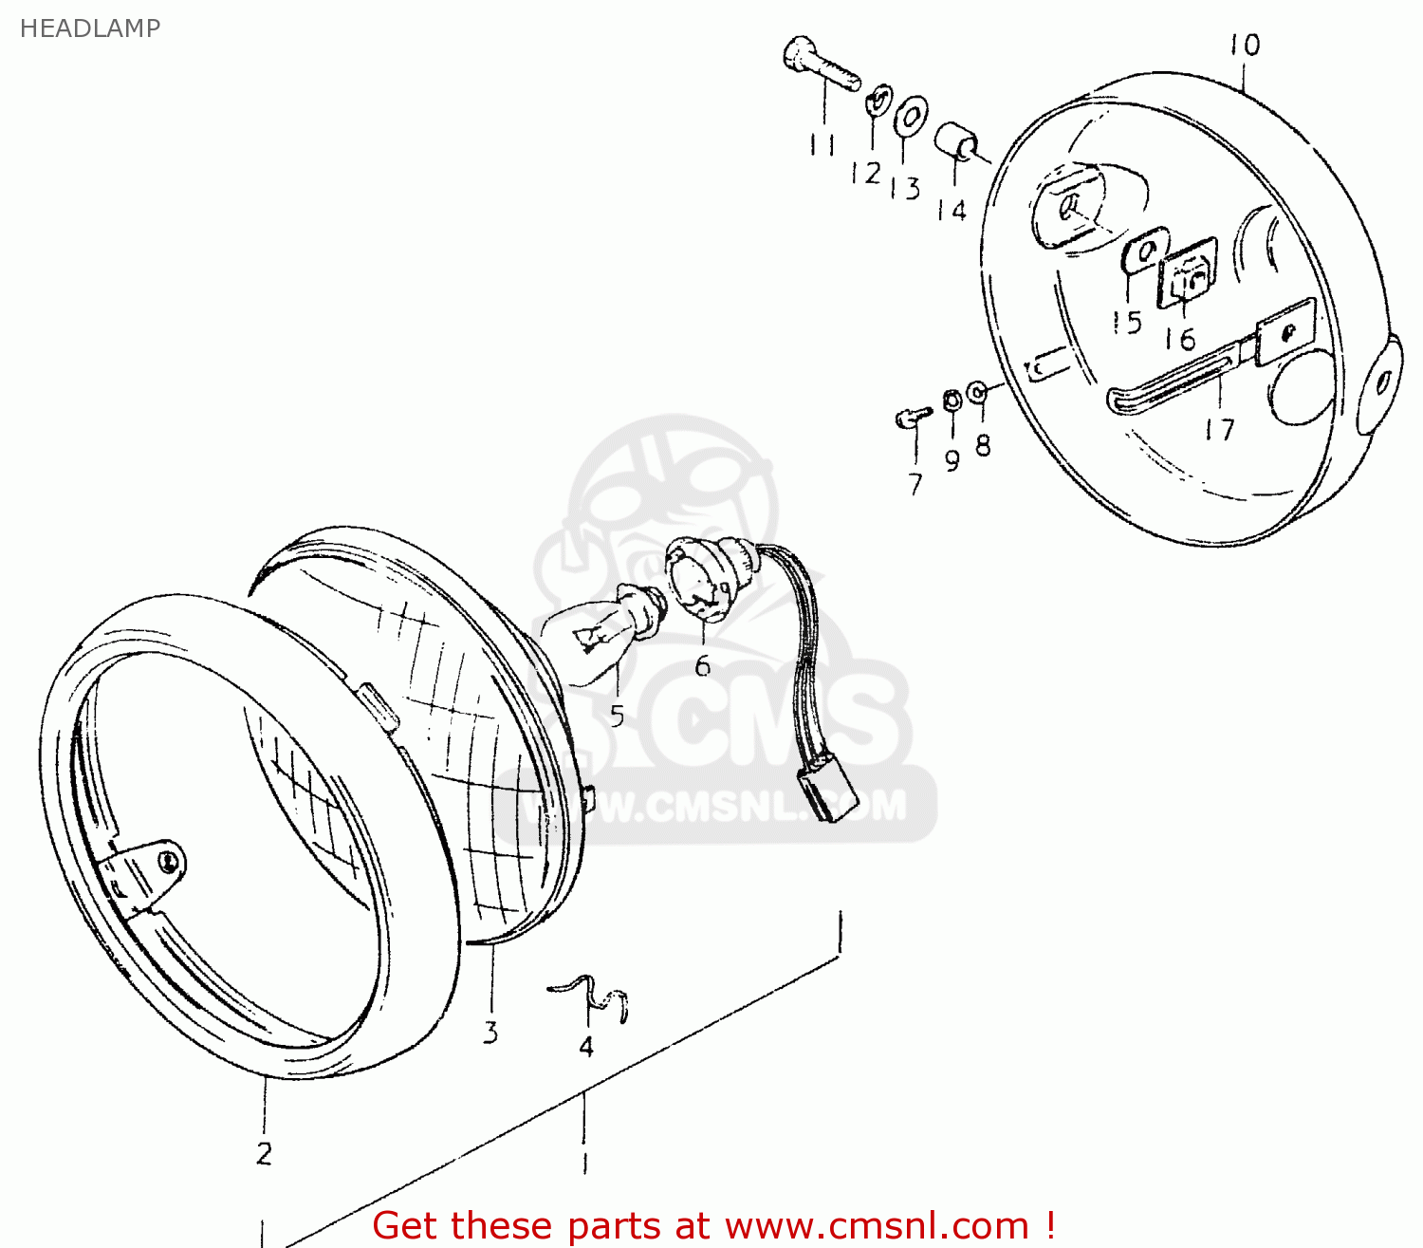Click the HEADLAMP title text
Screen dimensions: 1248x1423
[x=90, y=28]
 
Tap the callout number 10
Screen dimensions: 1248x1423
[x=1245, y=46]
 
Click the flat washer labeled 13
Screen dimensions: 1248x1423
[x=910, y=117]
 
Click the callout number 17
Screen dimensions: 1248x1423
[x=1219, y=430]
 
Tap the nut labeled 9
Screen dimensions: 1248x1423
[x=952, y=400]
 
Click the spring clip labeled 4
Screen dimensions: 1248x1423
[x=593, y=997]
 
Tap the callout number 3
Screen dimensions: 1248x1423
[x=490, y=1032]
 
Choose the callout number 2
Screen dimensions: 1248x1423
[x=265, y=1153]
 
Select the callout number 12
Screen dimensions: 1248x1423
[x=865, y=174]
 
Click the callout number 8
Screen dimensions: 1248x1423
[x=983, y=444]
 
